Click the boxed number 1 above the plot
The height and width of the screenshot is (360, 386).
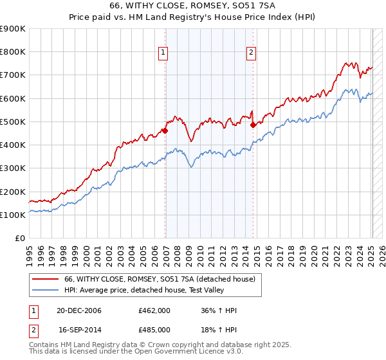coord(163,53)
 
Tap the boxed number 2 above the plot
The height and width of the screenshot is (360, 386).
coord(251,53)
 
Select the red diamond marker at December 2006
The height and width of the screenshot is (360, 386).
coord(165,130)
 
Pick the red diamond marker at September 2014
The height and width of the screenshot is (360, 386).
coord(253,125)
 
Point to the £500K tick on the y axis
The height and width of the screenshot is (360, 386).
coord(13,122)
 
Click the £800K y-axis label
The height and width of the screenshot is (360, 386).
coord(13,52)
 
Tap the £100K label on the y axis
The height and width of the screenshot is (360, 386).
coord(13,215)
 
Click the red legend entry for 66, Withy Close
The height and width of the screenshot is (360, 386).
coord(160,279)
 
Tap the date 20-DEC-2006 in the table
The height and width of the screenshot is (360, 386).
coord(79,310)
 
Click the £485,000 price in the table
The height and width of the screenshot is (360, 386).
coord(154,330)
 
